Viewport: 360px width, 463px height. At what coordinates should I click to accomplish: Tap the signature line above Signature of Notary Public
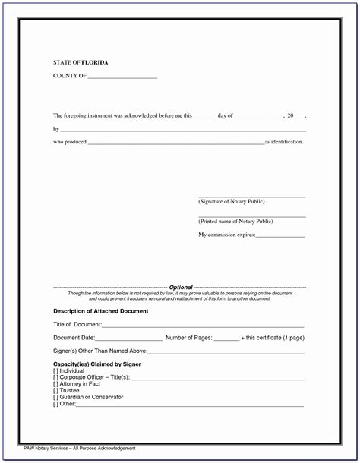click(x=251, y=197)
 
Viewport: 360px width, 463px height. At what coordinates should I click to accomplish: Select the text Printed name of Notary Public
click(x=235, y=221)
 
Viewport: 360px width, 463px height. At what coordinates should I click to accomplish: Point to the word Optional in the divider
click(x=181, y=288)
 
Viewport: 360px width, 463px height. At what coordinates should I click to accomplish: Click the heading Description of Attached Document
click(x=100, y=311)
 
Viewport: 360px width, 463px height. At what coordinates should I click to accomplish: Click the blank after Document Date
click(x=129, y=339)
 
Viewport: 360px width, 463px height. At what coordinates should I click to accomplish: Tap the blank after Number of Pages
click(x=226, y=339)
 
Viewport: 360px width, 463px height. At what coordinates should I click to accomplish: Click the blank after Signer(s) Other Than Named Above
click(x=226, y=352)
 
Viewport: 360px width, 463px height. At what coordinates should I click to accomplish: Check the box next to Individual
click(x=55, y=370)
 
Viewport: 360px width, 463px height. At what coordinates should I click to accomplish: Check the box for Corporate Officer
click(x=55, y=377)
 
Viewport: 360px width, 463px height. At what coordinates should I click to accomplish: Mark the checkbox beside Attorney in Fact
click(x=55, y=384)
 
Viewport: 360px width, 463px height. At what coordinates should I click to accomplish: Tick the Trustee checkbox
click(x=55, y=391)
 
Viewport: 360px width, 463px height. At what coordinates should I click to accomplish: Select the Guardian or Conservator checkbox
click(x=55, y=397)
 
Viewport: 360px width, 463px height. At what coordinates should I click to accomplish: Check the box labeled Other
click(x=55, y=404)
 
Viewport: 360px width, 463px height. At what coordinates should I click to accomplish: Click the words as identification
click(x=283, y=142)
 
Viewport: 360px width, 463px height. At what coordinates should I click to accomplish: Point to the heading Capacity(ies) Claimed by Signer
click(x=97, y=364)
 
